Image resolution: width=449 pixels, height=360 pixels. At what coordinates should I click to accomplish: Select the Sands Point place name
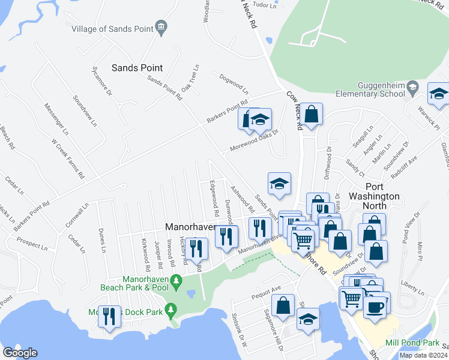[138, 68]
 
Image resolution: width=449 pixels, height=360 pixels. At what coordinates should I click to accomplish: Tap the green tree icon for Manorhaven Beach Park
[176, 280]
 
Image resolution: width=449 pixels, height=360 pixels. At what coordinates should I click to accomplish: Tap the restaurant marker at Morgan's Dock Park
[109, 316]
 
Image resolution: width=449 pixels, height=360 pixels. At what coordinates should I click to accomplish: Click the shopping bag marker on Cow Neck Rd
[311, 113]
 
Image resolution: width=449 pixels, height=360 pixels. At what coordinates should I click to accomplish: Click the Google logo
[20, 353]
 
